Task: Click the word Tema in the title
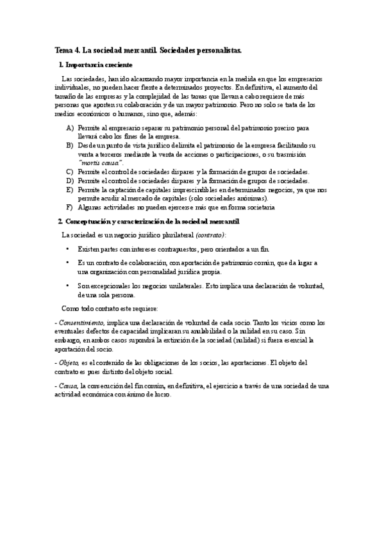(x=63, y=49)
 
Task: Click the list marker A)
(x=70, y=128)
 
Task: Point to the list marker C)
(x=70, y=172)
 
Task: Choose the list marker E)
(x=70, y=190)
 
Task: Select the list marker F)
(x=70, y=207)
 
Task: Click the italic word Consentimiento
(x=79, y=323)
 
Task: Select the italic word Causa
(x=67, y=386)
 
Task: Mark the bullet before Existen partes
(x=67, y=247)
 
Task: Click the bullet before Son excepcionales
(x=67, y=286)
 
